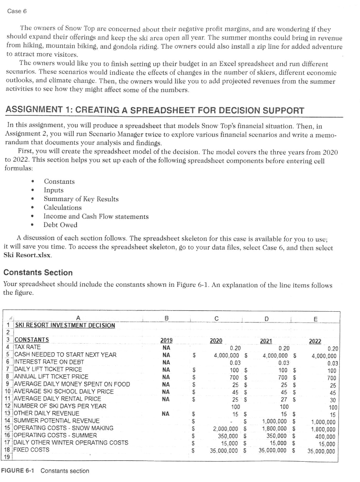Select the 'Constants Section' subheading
(38, 273)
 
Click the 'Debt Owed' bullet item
(60, 225)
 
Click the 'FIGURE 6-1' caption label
(18, 471)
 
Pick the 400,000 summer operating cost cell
(325, 435)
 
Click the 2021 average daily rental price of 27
(283, 399)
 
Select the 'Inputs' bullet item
(54, 190)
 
